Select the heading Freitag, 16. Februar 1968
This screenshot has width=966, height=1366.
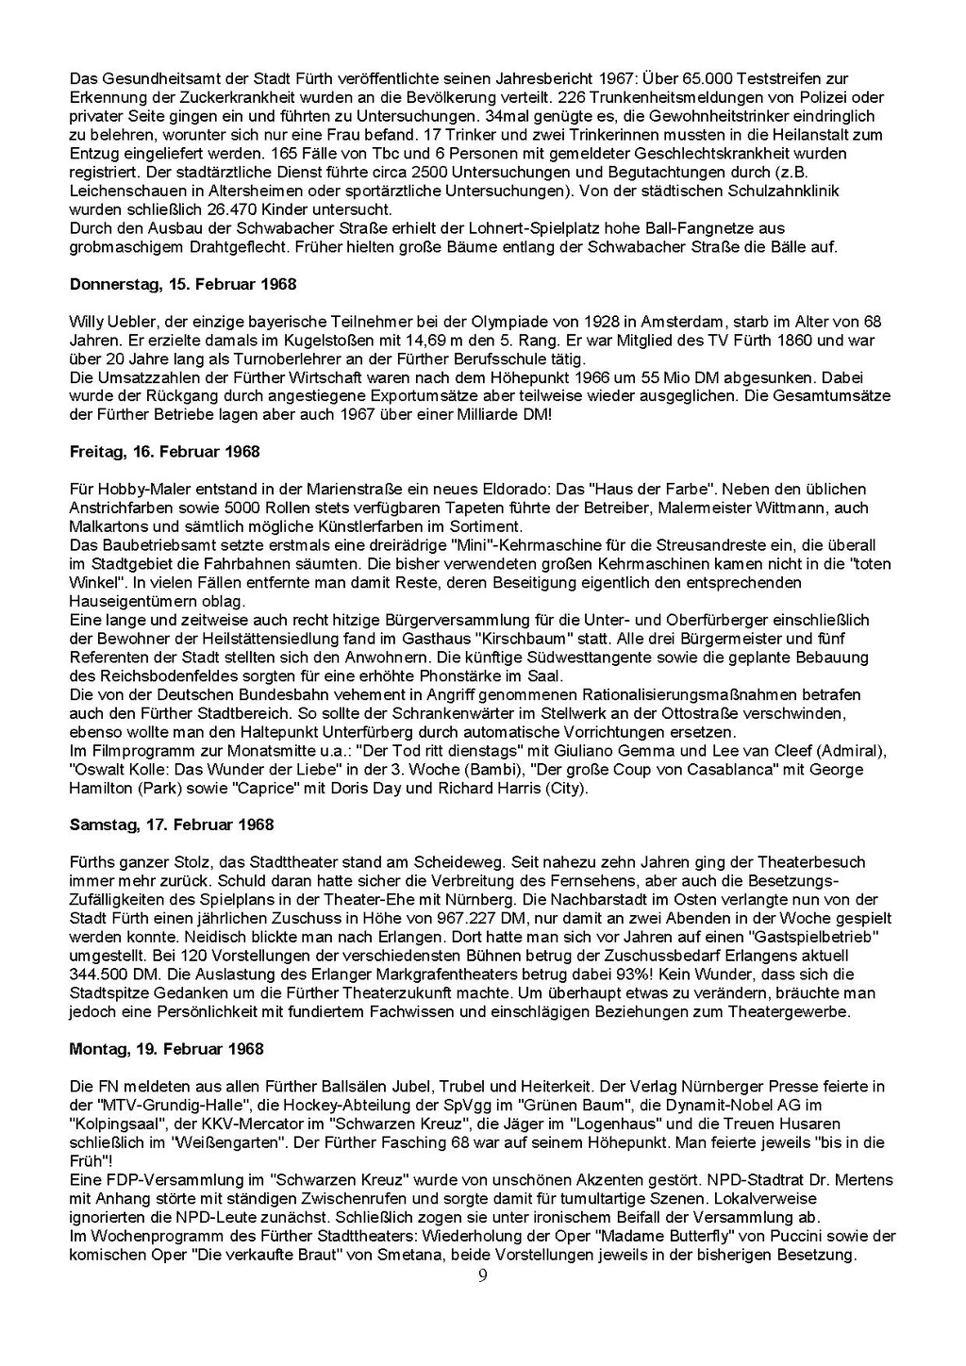point(165,452)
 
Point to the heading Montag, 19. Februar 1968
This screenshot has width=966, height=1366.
point(167,1049)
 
